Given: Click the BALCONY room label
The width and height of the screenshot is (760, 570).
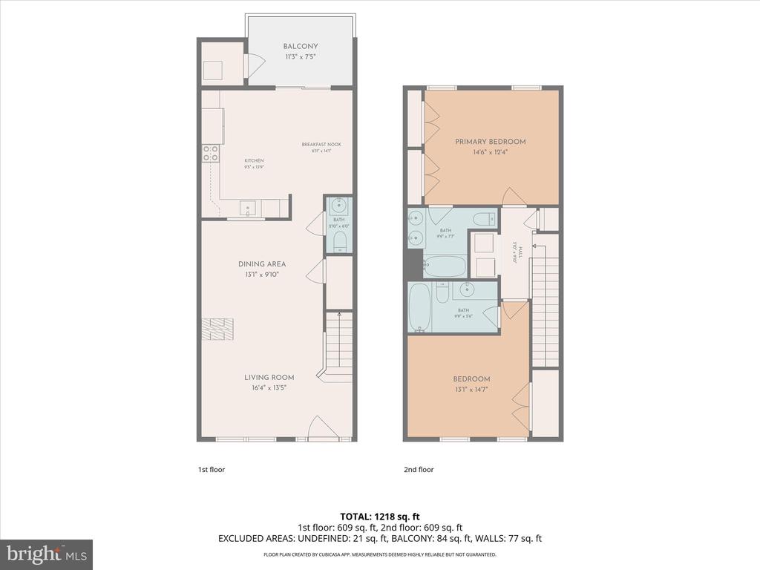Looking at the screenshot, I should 300,46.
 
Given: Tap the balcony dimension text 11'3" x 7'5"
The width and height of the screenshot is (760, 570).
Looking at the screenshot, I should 300,56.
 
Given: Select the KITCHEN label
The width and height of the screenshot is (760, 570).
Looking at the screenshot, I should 254,160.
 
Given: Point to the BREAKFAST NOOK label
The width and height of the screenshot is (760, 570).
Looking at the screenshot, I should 321,144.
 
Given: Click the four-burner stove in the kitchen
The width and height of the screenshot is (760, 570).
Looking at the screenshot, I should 211,154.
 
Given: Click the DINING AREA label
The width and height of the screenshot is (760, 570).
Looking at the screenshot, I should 262,263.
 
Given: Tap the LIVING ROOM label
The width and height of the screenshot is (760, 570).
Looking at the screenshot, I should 269,377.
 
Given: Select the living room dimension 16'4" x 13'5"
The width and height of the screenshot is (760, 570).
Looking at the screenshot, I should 269,387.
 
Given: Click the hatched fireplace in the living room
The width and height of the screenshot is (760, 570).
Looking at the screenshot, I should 217,327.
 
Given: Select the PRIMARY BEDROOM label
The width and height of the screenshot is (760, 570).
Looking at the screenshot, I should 491,142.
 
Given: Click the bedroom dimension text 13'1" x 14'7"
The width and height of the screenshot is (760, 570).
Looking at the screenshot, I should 472,389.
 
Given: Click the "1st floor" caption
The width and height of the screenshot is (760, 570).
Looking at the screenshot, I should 211,470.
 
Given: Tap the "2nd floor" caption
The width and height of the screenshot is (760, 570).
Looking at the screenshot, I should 419,470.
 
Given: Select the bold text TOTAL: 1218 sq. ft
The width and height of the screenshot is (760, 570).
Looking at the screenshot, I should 379,516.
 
